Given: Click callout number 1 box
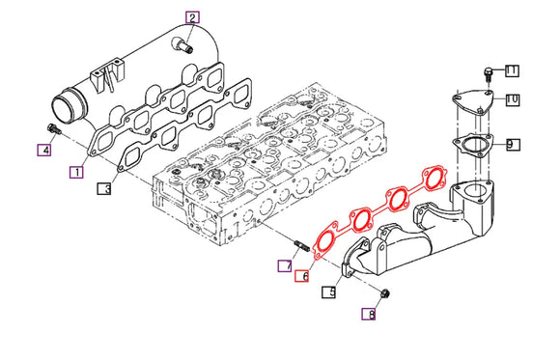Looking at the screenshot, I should point(75,172).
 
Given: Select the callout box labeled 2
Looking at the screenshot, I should point(192,17).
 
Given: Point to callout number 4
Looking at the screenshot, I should point(43,149).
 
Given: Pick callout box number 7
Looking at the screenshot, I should point(285,264).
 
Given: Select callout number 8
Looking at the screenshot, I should point(368,314).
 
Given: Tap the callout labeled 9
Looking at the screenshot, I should point(512,145).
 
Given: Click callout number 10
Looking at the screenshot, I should point(512,99).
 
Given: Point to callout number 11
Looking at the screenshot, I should point(512,70).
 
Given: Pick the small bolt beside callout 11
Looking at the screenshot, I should point(489,72).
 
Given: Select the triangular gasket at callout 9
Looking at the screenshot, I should point(471,146).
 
